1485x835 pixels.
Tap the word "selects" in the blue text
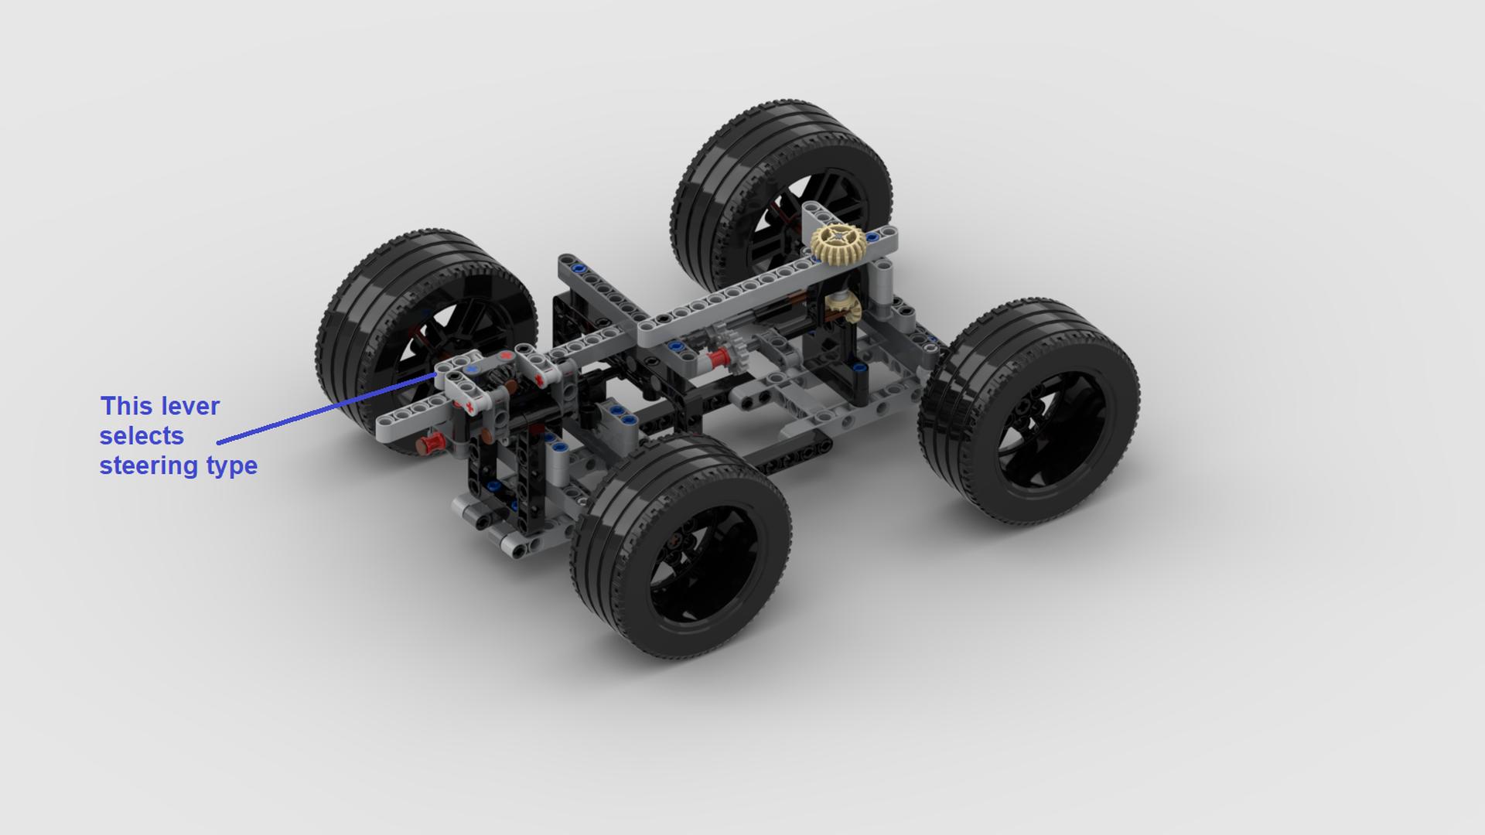tap(142, 436)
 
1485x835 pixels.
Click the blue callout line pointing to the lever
tap(327, 408)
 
